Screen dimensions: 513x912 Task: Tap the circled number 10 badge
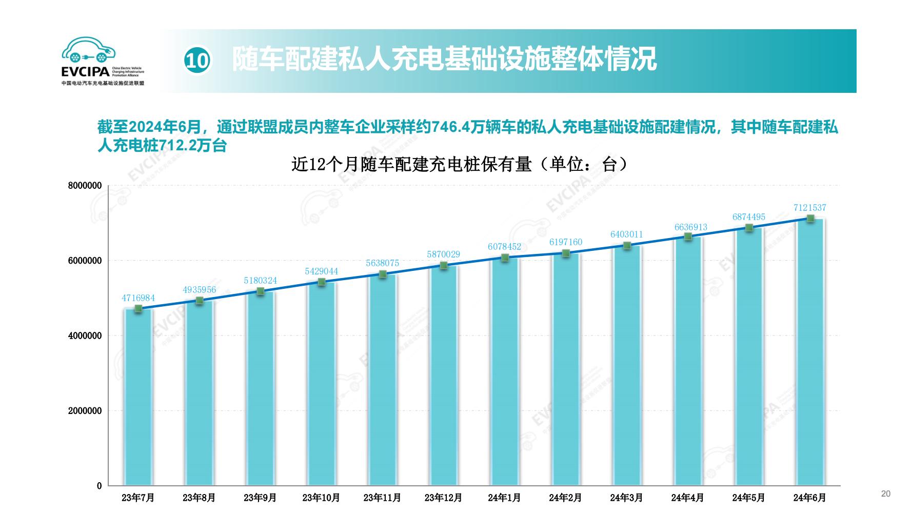pyautogui.click(x=197, y=61)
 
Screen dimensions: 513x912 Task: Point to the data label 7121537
pyautogui.click(x=809, y=208)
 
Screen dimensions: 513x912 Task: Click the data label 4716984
pyautogui.click(x=138, y=298)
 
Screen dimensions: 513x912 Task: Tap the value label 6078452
pyautogui.click(x=504, y=247)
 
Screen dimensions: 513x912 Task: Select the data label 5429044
pyautogui.click(x=321, y=271)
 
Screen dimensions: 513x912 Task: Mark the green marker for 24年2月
pyautogui.click(x=566, y=253)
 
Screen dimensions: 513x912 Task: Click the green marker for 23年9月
pyautogui.click(x=260, y=291)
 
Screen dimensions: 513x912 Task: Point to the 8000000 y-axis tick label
pyautogui.click(x=85, y=186)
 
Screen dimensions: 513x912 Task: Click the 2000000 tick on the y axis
pyautogui.click(x=85, y=411)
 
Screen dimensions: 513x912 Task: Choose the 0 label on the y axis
pyautogui.click(x=99, y=486)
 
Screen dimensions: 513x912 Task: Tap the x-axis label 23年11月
pyautogui.click(x=382, y=498)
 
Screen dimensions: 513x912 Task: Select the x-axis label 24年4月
pyautogui.click(x=687, y=498)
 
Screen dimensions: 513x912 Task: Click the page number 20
pyautogui.click(x=886, y=494)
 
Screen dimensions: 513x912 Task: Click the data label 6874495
pyautogui.click(x=748, y=217)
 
